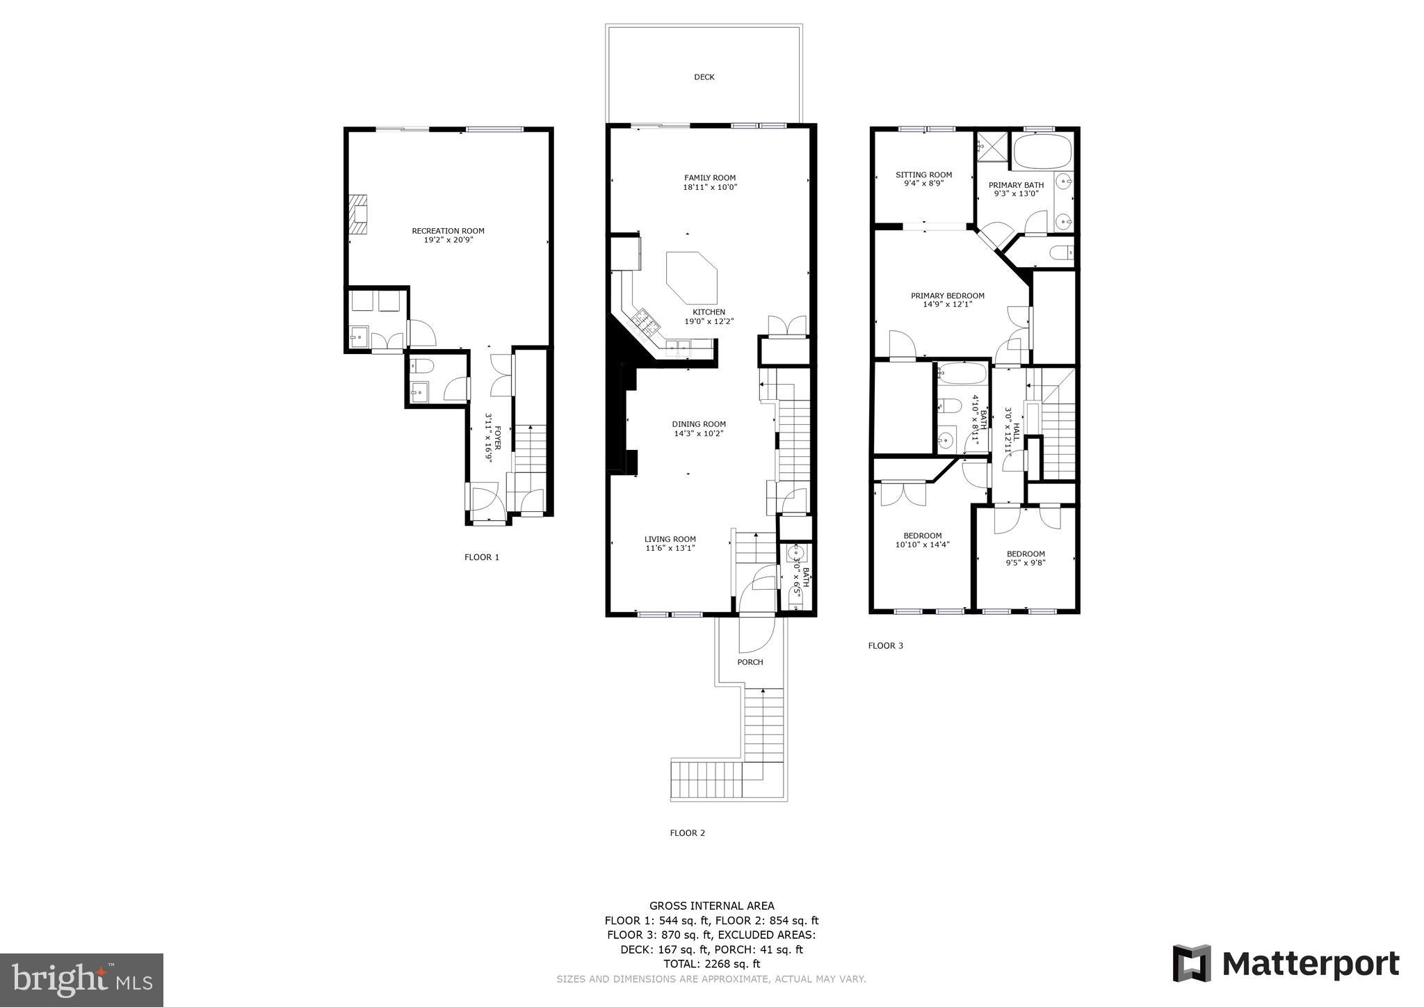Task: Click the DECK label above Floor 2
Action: [704, 77]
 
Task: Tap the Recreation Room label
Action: [448, 231]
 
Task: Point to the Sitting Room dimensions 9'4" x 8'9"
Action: [923, 184]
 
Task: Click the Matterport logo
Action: [1286, 964]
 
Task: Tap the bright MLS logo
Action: [81, 980]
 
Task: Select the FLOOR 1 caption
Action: [482, 557]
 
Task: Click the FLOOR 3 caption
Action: [885, 645]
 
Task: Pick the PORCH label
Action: [750, 662]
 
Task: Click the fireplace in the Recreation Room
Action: [358, 216]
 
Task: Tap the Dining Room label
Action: [699, 424]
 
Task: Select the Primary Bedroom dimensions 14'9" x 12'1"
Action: [947, 305]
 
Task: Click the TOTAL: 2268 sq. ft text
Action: [711, 964]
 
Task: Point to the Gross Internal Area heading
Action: [711, 905]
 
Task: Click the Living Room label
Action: [670, 539]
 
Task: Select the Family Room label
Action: [709, 178]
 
